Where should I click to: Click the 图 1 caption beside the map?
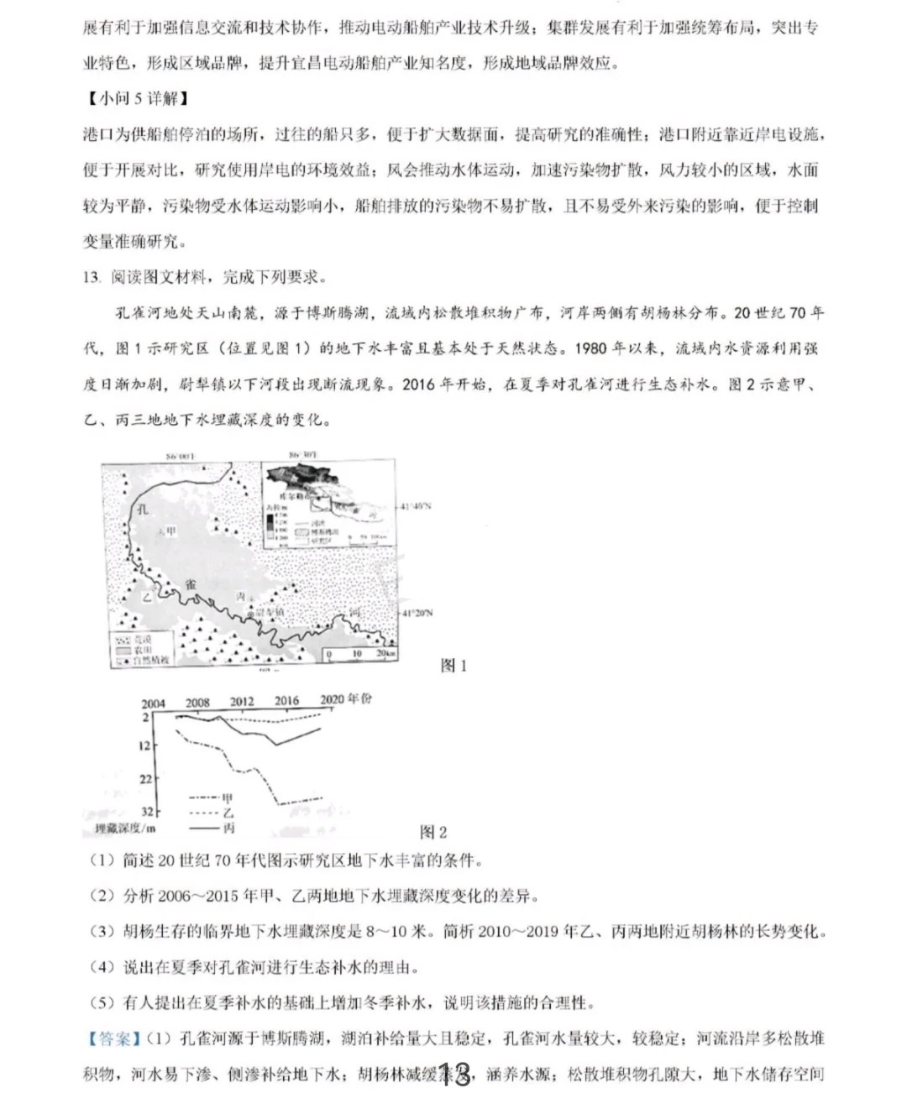click(x=453, y=666)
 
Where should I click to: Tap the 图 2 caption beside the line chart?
click(x=433, y=832)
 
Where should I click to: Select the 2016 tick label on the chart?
click(x=286, y=702)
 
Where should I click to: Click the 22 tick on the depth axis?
click(x=147, y=779)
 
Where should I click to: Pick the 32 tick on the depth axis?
click(x=147, y=812)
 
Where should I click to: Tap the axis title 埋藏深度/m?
click(x=126, y=829)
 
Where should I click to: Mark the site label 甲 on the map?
click(x=171, y=531)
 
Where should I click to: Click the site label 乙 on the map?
click(x=146, y=597)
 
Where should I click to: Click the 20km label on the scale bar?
click(x=386, y=653)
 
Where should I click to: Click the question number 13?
click(x=92, y=277)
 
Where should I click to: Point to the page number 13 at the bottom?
click(x=454, y=1075)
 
